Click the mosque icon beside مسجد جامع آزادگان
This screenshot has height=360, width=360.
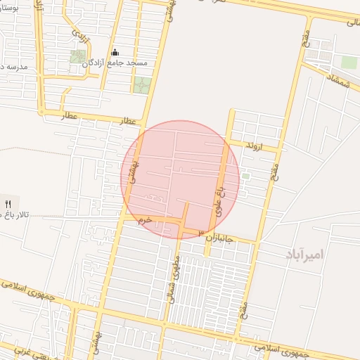tap(115, 53)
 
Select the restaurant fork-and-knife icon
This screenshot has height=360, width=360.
tap(8, 203)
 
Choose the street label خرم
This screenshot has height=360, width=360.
tap(145, 220)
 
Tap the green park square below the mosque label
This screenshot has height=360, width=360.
tap(142, 85)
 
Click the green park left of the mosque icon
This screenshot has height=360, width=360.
tap(77, 56)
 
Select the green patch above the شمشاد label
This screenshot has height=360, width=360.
tap(349, 62)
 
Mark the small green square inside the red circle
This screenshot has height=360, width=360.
tap(245, 176)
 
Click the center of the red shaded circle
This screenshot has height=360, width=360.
tap(180, 179)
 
